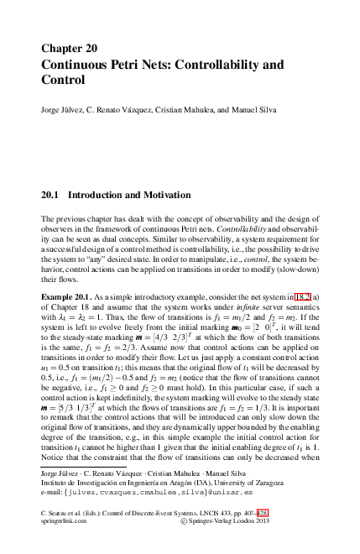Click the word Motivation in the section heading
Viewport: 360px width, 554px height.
pyautogui.click(x=163, y=195)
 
